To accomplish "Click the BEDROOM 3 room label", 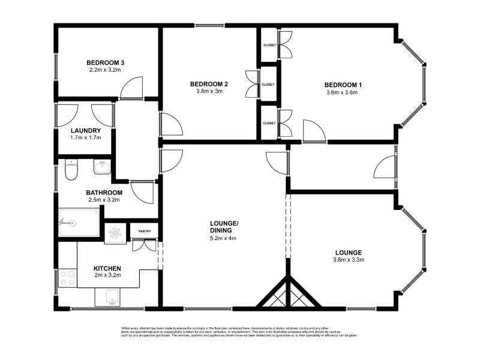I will (105, 62).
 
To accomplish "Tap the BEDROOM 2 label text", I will (209, 83).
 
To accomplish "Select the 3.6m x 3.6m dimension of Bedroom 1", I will (341, 92).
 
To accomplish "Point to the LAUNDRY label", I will (85, 130).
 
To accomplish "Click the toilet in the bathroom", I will (71, 172).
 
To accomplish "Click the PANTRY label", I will (145, 231).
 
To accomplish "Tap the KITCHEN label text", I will (107, 268).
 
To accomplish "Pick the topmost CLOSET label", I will (269, 45).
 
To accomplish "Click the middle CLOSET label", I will (268, 85).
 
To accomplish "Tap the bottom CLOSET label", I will (269, 123).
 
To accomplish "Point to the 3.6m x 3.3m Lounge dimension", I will (349, 260).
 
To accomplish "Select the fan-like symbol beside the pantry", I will (114, 233).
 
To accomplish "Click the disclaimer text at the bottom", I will (239, 332).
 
